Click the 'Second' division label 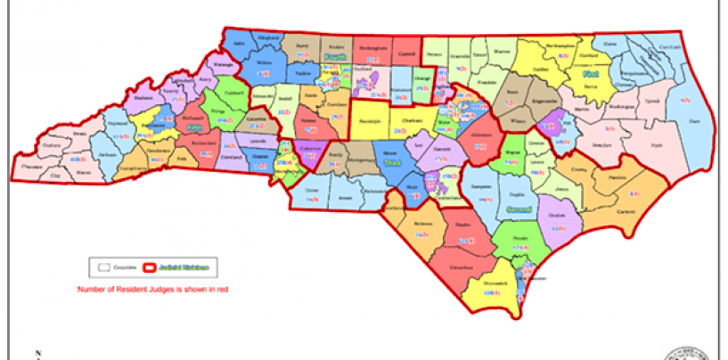(518, 209)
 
